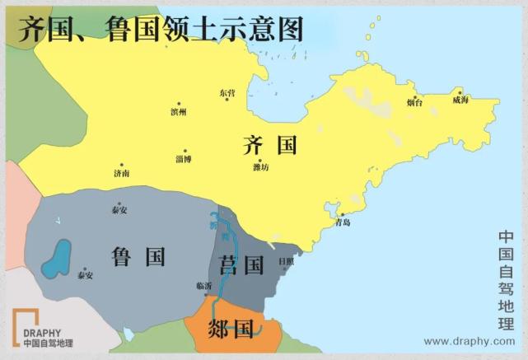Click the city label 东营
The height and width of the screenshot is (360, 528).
point(227,94)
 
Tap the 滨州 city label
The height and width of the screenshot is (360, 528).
point(178,112)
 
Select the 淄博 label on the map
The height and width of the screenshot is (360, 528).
point(183,158)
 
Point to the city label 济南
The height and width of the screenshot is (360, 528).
point(121,174)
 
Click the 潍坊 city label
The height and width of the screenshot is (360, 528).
point(261,168)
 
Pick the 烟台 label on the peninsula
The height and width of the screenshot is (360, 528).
point(414,103)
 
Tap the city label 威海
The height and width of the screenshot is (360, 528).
point(460,100)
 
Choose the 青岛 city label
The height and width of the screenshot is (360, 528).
point(343,222)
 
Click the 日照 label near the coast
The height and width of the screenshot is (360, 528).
point(286,261)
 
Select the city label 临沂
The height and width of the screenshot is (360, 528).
point(204,286)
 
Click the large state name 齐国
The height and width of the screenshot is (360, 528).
point(269,146)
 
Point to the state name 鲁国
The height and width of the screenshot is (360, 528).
point(138,256)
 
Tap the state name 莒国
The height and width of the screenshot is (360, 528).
point(242,265)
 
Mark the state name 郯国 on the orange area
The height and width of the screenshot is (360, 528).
point(231,330)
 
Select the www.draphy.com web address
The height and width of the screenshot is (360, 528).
point(469,341)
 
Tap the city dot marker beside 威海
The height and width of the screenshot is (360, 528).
point(460,91)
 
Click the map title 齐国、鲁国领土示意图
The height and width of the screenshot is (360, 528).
point(161,30)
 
